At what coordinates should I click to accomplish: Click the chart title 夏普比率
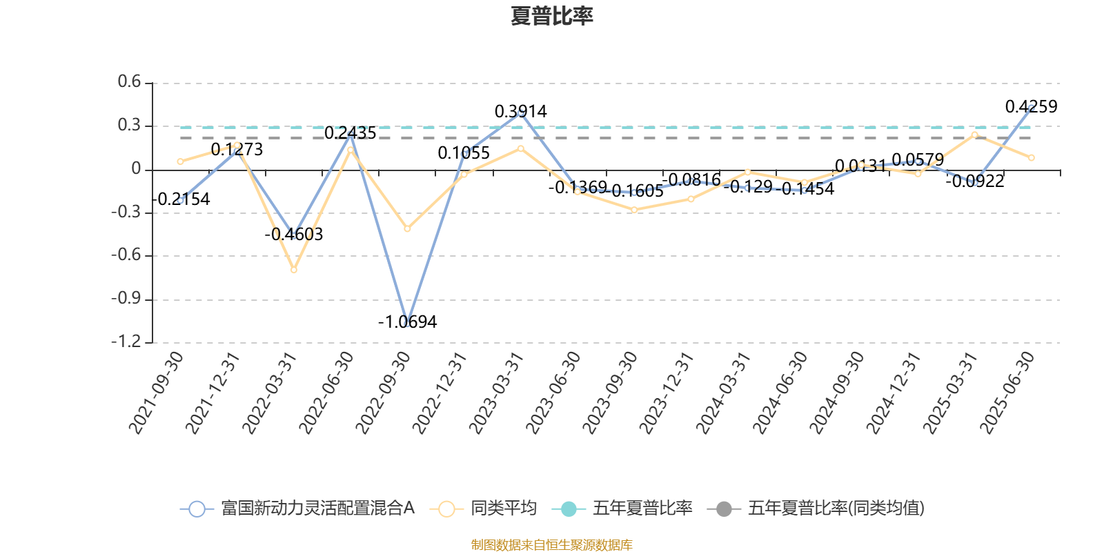coord(551,16)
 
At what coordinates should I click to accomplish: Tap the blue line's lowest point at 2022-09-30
coord(407,323)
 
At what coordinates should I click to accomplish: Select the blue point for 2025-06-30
coord(1032,108)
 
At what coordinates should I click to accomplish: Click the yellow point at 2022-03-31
coord(293,270)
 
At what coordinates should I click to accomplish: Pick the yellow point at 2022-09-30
coord(407,228)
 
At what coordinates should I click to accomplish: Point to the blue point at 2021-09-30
coord(180,201)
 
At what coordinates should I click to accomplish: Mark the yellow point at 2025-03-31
coord(975,135)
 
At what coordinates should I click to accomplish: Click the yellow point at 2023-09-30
coord(634,210)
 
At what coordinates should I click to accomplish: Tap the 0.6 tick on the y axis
coord(129,83)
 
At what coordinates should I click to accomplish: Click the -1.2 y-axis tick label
coord(126,342)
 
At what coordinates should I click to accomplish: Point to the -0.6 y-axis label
coord(126,255)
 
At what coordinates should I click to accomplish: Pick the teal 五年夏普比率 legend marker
coord(569,509)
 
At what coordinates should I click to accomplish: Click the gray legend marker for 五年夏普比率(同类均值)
coord(724,509)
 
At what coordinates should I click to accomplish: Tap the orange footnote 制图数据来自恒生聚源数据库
coord(551,545)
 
